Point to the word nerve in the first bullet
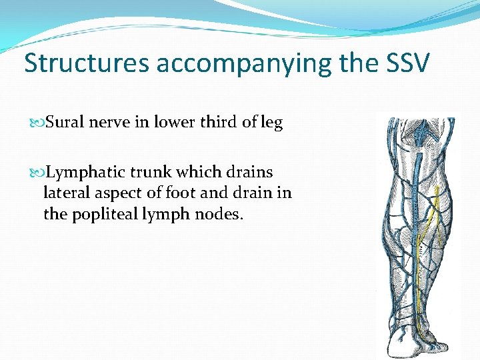click(110, 123)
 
